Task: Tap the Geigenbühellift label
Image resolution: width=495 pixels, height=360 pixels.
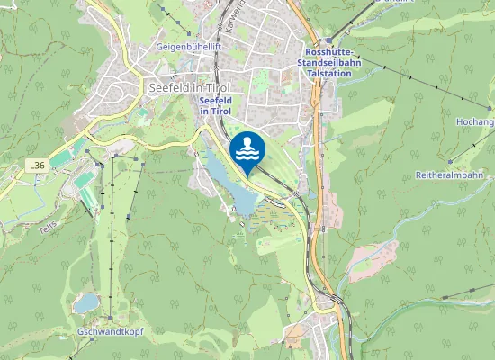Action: coord(188,45)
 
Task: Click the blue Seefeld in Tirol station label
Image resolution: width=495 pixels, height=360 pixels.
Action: coord(215,105)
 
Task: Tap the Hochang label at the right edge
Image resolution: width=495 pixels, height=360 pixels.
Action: coord(475,121)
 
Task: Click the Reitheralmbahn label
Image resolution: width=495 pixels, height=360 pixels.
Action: coord(448,175)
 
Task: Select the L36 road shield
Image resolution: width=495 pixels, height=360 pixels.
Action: coord(36,166)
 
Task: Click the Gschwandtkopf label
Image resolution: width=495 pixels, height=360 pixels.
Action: coord(110,332)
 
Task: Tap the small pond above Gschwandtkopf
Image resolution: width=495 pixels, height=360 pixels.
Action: coord(86,303)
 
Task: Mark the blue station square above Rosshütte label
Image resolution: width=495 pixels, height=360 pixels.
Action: coord(329,40)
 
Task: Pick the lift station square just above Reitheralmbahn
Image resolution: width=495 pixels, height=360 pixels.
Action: coord(451,162)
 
